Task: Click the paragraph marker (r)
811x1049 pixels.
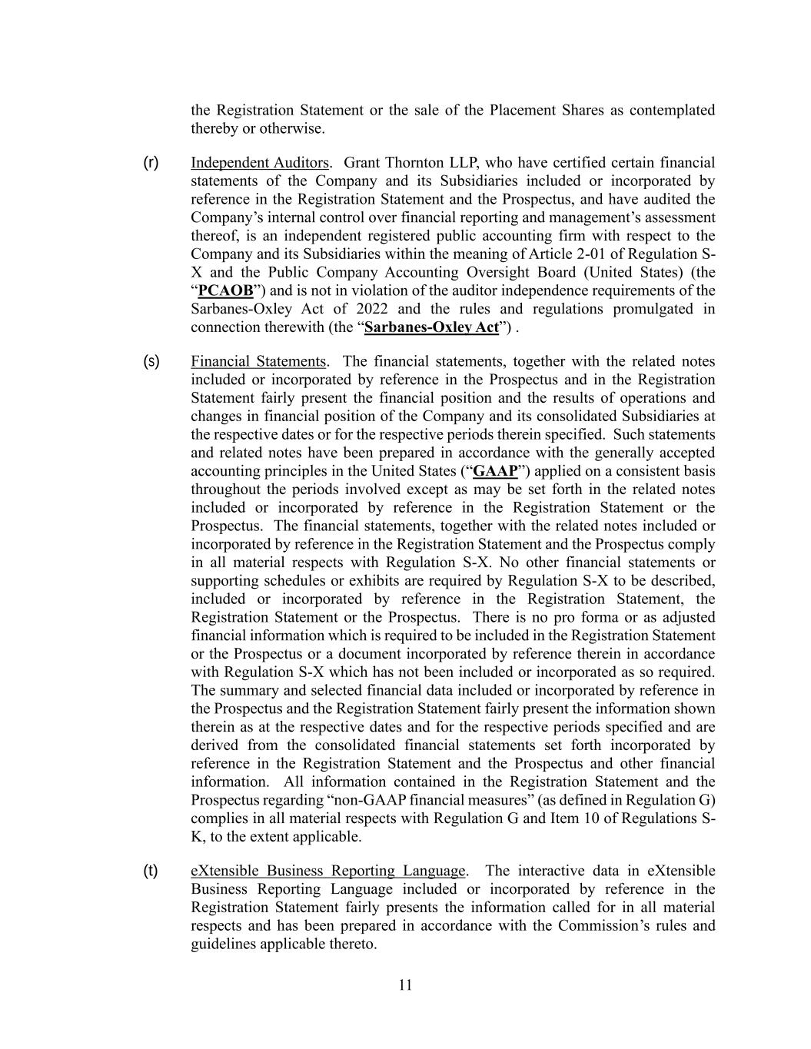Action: click(151, 162)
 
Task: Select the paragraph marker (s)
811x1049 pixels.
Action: click(151, 361)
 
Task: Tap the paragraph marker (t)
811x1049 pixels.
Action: click(151, 871)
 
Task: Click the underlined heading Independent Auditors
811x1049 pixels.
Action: click(260, 163)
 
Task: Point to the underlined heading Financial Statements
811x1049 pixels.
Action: click(258, 361)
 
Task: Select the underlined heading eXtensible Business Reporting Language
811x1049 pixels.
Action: click(328, 871)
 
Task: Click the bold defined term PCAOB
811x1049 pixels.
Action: click(225, 290)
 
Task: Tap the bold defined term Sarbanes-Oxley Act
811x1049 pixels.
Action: click(431, 327)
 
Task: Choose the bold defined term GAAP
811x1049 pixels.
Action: click(495, 471)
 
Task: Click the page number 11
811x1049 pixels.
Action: click(405, 985)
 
